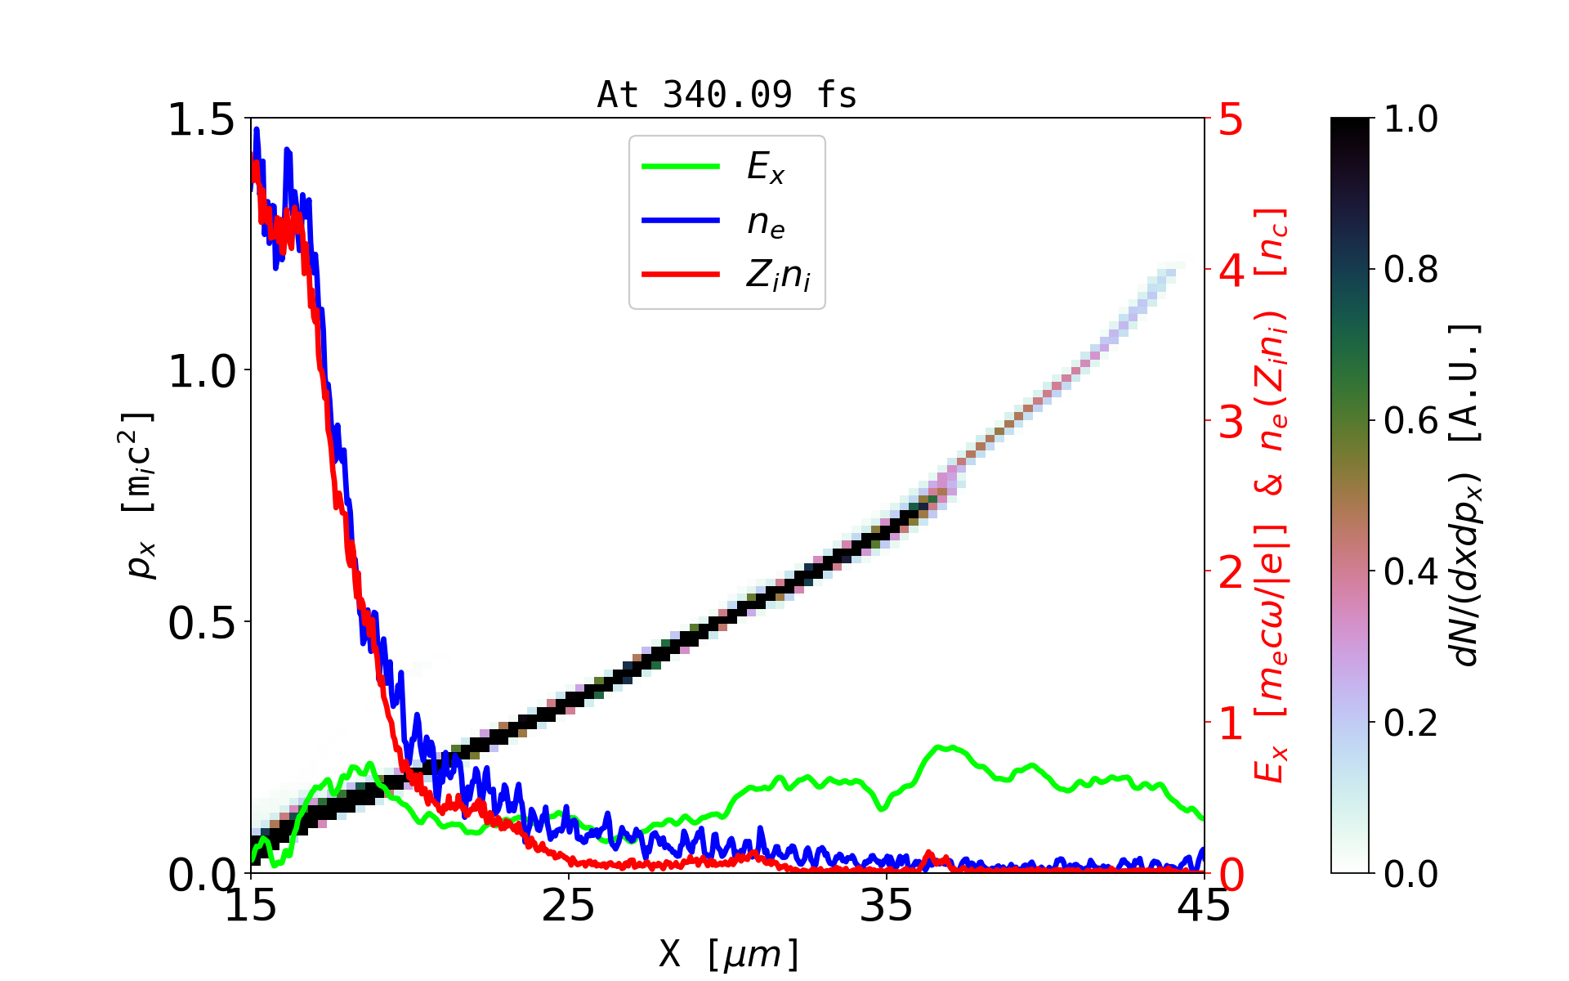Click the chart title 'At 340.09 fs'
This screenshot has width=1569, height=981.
(x=726, y=96)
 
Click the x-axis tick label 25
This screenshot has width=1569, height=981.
(x=569, y=906)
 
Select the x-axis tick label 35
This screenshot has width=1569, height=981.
(x=887, y=906)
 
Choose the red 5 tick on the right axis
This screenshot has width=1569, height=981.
(x=1231, y=120)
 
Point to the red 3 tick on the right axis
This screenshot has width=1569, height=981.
(x=1231, y=423)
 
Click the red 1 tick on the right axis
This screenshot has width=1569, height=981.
(x=1231, y=724)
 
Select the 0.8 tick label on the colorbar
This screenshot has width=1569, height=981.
(x=1410, y=269)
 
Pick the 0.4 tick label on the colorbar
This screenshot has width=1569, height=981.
(x=1410, y=572)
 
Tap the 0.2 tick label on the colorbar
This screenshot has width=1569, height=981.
(x=1410, y=723)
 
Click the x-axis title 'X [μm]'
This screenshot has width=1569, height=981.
(x=729, y=953)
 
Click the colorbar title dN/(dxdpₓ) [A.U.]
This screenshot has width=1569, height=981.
(x=1466, y=495)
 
